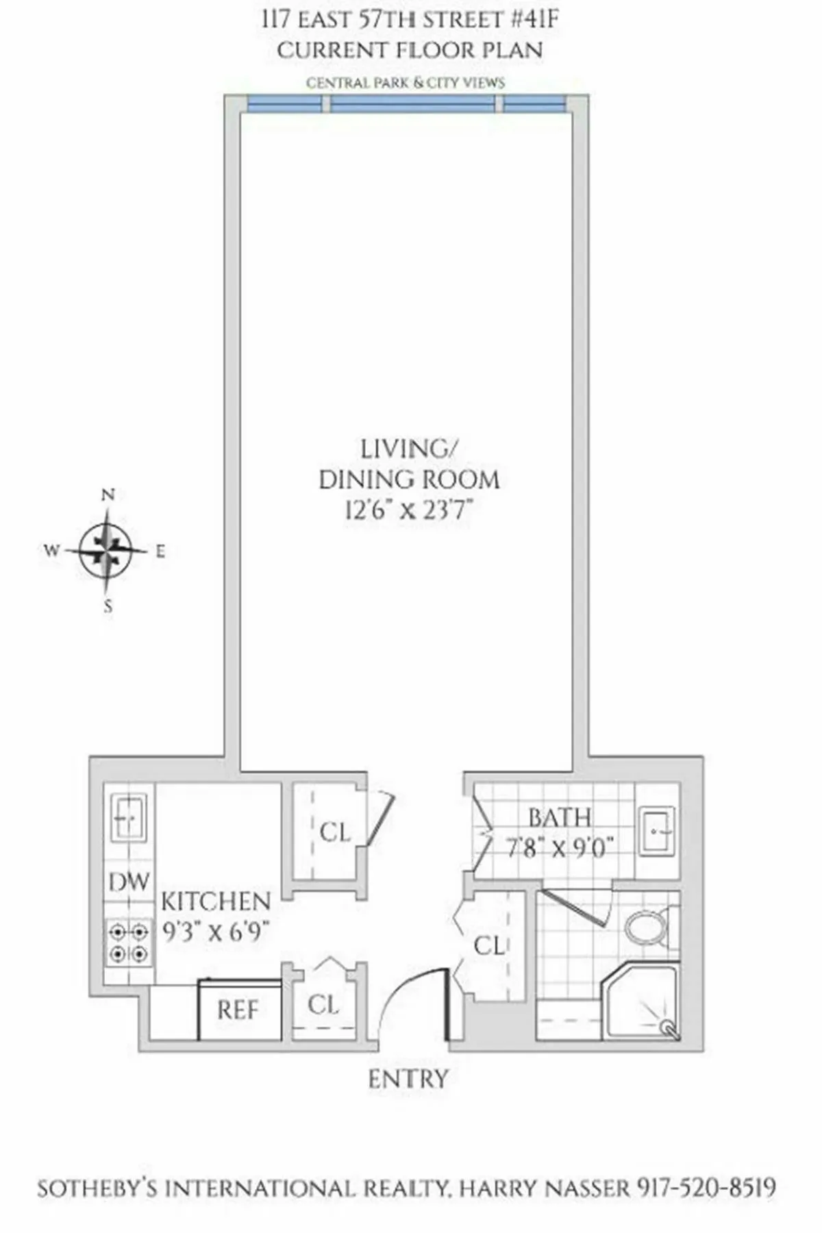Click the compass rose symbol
[106, 550]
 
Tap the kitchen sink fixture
[128, 817]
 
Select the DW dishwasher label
[129, 882]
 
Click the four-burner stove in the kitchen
[129, 943]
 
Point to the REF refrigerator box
[238, 1010]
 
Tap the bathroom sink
[658, 830]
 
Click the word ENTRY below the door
[408, 1080]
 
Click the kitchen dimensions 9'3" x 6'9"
[216, 932]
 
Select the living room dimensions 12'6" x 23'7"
[409, 510]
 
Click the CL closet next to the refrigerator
[323, 1005]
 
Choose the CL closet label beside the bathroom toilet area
[489, 946]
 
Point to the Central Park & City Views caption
[406, 83]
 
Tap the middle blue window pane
[412, 103]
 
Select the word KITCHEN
[216, 901]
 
